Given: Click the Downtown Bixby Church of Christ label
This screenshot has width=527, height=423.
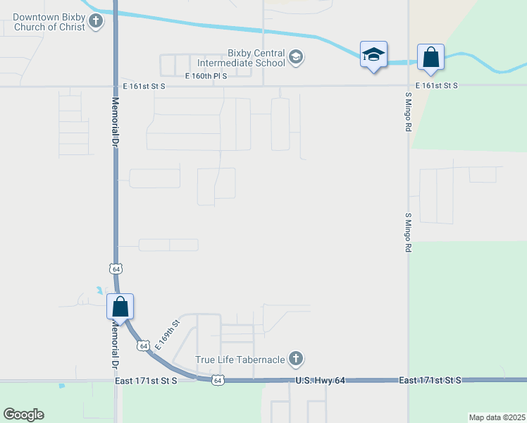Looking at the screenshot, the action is [x=47, y=21].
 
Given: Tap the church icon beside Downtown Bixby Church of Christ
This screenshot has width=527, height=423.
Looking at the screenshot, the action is [x=97, y=22].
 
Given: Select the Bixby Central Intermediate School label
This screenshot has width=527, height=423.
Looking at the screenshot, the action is [x=256, y=58].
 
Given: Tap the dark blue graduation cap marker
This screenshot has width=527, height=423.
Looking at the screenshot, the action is [x=373, y=54].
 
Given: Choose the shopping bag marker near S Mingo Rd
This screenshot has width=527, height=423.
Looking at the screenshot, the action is [x=430, y=57].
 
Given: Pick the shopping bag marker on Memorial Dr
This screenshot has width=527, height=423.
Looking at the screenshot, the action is [x=120, y=307].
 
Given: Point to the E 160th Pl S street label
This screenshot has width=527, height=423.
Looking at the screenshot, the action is [x=206, y=76].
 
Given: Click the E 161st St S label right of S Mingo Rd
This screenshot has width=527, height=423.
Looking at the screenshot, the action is [x=436, y=85].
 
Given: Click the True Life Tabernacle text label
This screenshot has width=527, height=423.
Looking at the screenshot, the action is [x=240, y=360].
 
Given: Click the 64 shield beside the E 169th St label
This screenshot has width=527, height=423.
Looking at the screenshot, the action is [x=143, y=346].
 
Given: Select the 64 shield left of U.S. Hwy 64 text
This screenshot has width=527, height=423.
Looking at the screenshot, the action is [x=218, y=381].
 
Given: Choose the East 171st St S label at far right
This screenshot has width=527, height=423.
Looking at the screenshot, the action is [x=429, y=380].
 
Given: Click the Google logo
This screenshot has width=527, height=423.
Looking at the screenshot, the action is [x=23, y=414].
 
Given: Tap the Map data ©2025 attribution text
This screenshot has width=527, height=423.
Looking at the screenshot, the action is [x=496, y=417].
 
